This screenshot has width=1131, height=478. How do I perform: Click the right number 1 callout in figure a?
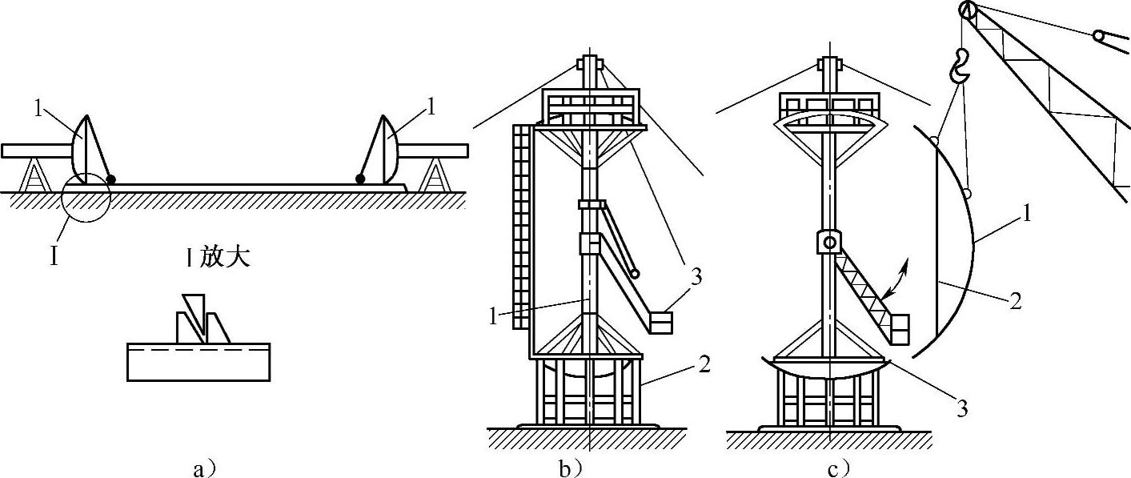tap(431, 106)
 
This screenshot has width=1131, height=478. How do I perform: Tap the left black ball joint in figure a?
tap(110, 179)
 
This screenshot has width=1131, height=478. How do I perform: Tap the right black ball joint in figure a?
tap(361, 179)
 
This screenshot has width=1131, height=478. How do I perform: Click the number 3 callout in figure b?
tap(696, 278)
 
